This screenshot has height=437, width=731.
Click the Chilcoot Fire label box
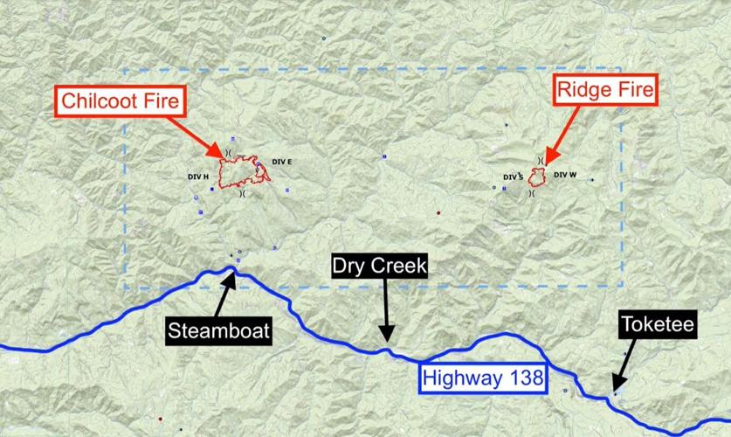tap(121, 101)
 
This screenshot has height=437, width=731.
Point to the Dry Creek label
tap(379, 266)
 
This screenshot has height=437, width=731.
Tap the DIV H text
tap(198, 177)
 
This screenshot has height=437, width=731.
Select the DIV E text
tap(281, 162)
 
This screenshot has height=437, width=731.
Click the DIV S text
tap(513, 177)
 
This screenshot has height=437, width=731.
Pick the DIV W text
tap(566, 175)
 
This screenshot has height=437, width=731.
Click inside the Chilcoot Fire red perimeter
tap(234, 173)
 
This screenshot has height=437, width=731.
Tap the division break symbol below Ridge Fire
tap(532, 194)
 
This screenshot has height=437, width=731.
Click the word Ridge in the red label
tap(584, 89)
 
